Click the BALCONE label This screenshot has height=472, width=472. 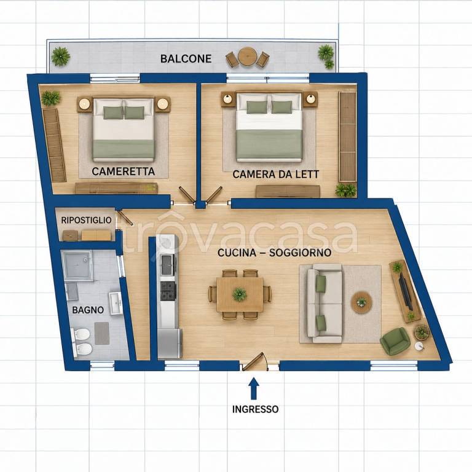pos(186,58)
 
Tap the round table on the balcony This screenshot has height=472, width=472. pos(248,57)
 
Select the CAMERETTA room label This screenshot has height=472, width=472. pos(123,171)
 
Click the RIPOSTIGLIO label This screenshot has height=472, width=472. pos(86,220)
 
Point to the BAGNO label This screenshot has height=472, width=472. pos(88,310)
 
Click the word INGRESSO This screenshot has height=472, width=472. pos(255,409)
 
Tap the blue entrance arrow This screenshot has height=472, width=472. pos(254,388)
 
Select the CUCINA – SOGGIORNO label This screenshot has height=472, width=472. pos(274,253)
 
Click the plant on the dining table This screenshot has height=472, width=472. pos(240,294)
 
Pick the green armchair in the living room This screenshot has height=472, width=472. pos(395,341)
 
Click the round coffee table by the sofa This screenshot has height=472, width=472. pos(361,302)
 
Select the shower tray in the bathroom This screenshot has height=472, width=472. pos(77,265)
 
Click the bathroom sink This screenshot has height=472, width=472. pos(116,303)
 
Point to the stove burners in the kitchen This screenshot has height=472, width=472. pos(168,291)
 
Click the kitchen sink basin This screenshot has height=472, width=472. pos(168,265)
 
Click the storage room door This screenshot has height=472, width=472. pos(126,217)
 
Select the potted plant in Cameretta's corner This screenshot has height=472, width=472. pos(50,98)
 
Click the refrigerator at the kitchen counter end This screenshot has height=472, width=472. pos(170,343)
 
